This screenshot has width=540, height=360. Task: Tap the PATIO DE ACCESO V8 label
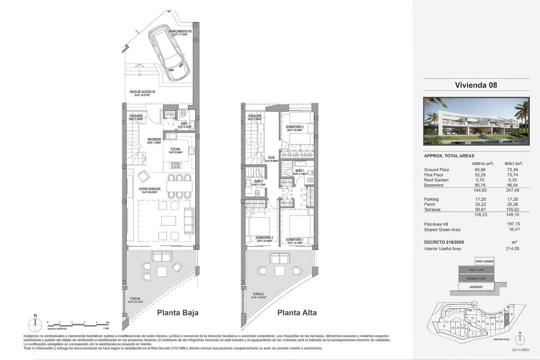tap(142, 92)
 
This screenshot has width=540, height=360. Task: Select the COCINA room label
tap(175, 149)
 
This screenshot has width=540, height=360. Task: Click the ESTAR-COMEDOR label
tap(150, 189)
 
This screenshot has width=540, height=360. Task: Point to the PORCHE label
tap(135, 299)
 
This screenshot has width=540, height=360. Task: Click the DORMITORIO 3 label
tap(295, 127)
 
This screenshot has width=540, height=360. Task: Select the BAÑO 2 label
tap(259, 181)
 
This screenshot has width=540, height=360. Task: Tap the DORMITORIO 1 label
tap(294, 240)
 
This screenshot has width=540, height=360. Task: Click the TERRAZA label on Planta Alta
tap(258, 294)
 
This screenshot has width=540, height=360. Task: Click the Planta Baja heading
tap(178, 313)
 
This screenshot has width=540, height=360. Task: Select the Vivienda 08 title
tap(476, 85)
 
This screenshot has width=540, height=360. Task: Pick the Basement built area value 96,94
tap(512, 185)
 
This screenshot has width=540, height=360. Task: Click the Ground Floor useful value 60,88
tap(480, 170)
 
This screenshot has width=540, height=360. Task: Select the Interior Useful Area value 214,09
tap(512, 249)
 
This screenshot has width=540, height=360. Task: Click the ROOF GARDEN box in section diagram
tap(484, 261)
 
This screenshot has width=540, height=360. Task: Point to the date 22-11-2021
tap(520, 350)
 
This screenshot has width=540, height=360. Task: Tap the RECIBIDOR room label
tap(154, 139)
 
